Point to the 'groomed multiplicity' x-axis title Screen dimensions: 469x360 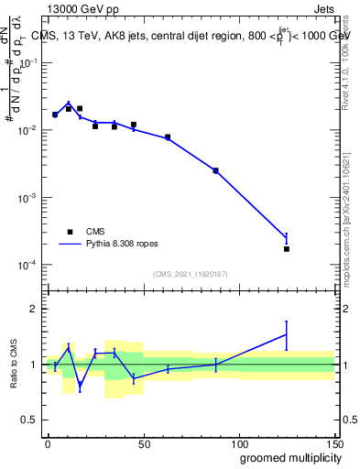tap(288, 456)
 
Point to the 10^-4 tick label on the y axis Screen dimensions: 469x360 tap(27, 266)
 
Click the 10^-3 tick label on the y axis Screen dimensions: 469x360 tap(27, 198)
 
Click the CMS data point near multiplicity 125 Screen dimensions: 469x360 tap(286, 249)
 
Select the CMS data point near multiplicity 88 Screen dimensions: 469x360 tap(215, 170)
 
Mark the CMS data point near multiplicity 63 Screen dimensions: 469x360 tap(168, 137)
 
